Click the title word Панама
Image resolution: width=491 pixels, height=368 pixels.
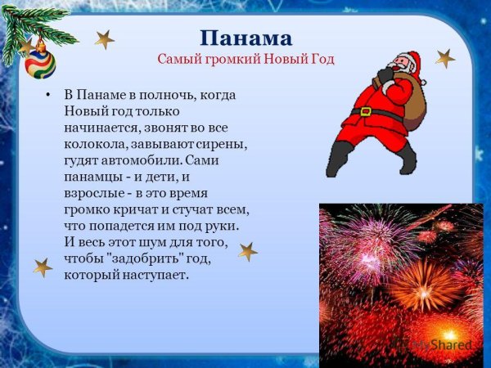pos(246,38)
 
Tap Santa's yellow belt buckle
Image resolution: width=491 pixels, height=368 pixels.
pos(366,111)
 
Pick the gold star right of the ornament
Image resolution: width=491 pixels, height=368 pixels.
pos(104,39)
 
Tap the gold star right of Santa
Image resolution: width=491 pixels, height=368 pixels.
pos(444,58)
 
